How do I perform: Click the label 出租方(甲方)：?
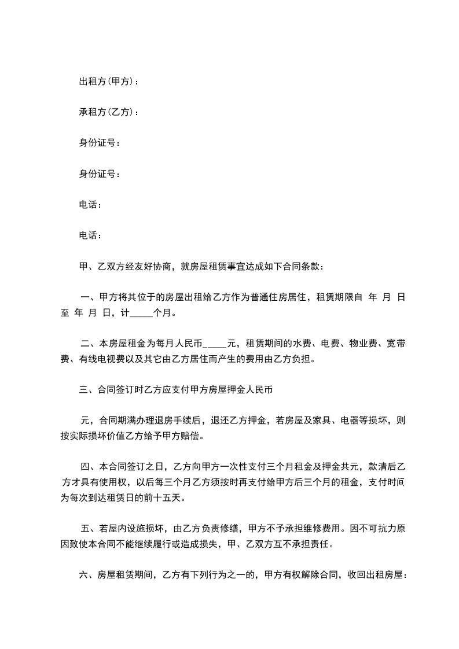[109, 82]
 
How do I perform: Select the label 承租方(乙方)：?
[109, 112]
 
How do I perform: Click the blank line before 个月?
[141, 315]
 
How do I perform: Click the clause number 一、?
[90, 298]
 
